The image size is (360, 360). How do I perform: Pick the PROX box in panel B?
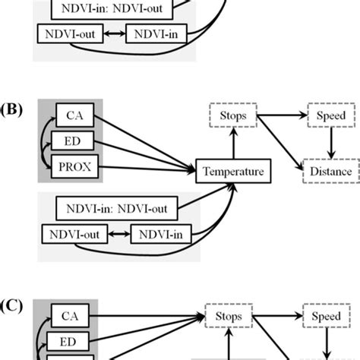pyautogui.click(x=74, y=166)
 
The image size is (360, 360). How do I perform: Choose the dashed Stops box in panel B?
pyautogui.click(x=232, y=116)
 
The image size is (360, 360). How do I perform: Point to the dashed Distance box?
pyautogui.click(x=330, y=172)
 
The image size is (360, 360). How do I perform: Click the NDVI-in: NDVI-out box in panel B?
pyautogui.click(x=117, y=207)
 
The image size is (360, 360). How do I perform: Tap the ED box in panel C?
pyautogui.click(x=69, y=339)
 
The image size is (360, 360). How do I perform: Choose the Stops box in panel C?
pyautogui.click(x=232, y=315)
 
